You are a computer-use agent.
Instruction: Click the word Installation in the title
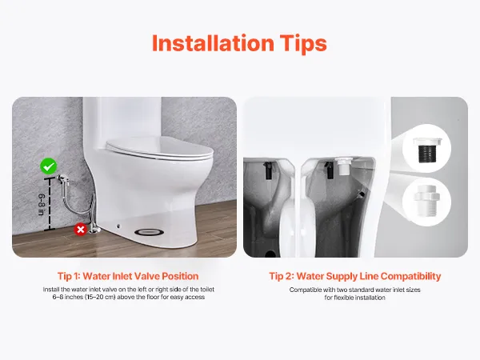pos(213,43)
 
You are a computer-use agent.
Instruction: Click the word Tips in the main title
pos(303,44)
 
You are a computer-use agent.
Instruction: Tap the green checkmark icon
pos(49,166)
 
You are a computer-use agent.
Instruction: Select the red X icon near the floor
pos(81,230)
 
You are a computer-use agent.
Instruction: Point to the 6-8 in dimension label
pos(42,204)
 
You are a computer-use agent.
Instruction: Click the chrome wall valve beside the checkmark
pos(63,179)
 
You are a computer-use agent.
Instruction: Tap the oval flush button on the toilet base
pos(149,232)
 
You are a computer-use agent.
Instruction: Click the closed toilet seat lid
pos(159,149)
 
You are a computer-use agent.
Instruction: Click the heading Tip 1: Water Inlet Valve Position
pos(128,276)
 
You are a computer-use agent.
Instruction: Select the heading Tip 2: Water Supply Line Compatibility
pos(355,276)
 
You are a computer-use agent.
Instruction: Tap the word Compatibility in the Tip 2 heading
pos(411,277)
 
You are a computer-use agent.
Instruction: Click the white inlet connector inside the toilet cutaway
pos(344,166)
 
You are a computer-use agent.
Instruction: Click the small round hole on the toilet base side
pos(118,226)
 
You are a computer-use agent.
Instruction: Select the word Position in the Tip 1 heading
pos(180,276)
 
